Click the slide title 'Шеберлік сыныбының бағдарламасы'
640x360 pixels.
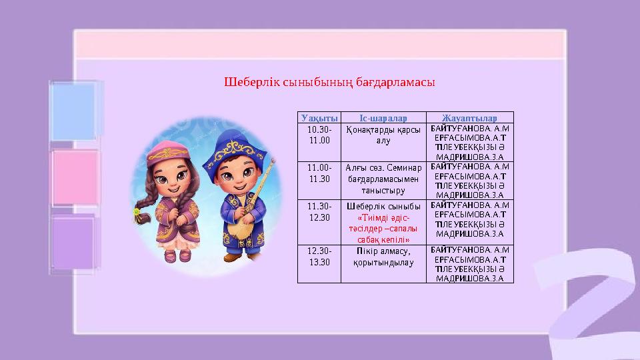pos(329,84)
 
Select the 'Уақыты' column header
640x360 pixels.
pos(319,118)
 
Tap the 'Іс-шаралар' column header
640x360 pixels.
pos(383,118)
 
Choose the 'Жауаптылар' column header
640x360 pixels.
pos(470,118)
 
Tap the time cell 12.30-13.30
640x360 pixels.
pos(319,257)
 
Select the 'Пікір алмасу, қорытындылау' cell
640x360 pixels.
pos(383,257)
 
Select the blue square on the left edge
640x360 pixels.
pos(74,111)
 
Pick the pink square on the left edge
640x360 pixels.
pos(74,177)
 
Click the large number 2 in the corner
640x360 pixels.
pos(587,300)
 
